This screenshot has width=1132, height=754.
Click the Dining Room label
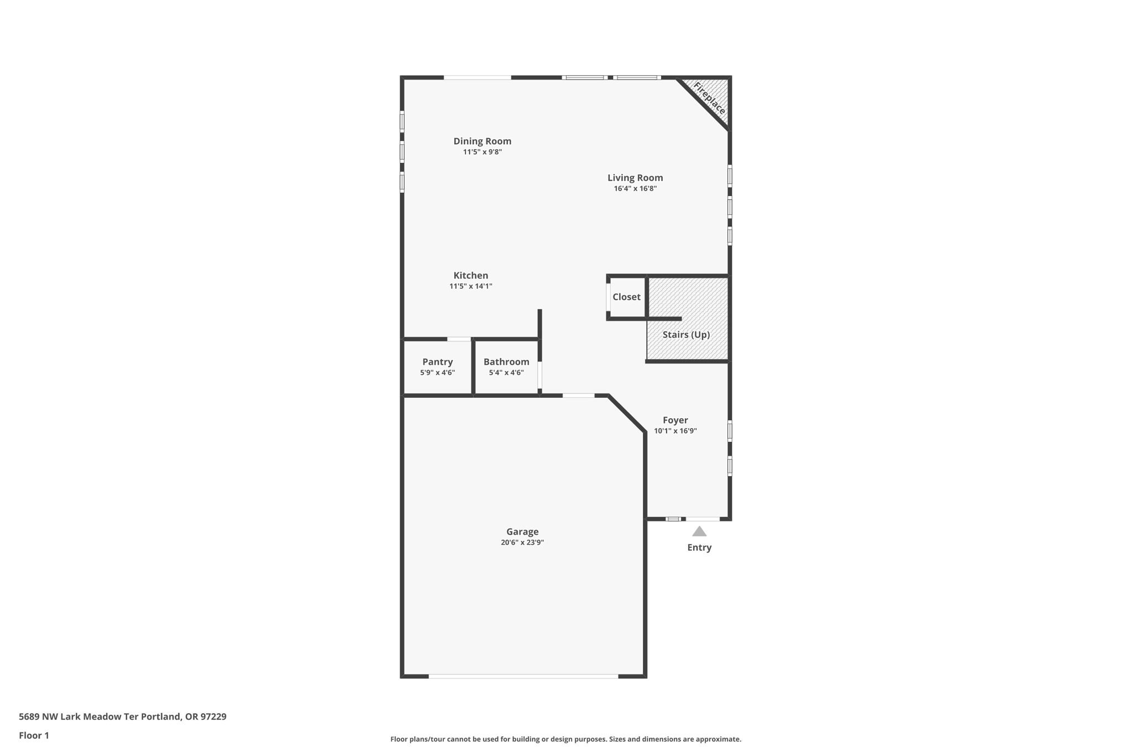(x=482, y=141)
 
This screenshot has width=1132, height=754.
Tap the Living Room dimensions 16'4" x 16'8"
(x=635, y=188)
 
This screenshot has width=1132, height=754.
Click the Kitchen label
(x=470, y=276)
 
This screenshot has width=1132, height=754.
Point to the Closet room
(x=626, y=297)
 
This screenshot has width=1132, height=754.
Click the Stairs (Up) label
(x=686, y=335)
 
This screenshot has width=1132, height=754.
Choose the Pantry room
(x=437, y=367)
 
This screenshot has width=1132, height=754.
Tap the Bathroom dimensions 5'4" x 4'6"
(x=506, y=373)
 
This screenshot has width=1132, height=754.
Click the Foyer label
(x=675, y=420)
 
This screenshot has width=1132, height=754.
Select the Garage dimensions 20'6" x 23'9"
(x=522, y=542)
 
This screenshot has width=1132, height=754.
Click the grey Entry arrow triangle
(x=699, y=531)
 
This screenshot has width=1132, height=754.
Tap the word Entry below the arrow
(x=699, y=547)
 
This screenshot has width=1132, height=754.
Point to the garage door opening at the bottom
(x=523, y=676)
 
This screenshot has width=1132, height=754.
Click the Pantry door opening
(x=459, y=339)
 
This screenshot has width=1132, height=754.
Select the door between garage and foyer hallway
(x=578, y=396)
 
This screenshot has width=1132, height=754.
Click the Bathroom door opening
(x=540, y=375)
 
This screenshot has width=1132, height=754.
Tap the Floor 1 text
(x=34, y=735)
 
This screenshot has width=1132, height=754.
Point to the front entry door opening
(x=703, y=519)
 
